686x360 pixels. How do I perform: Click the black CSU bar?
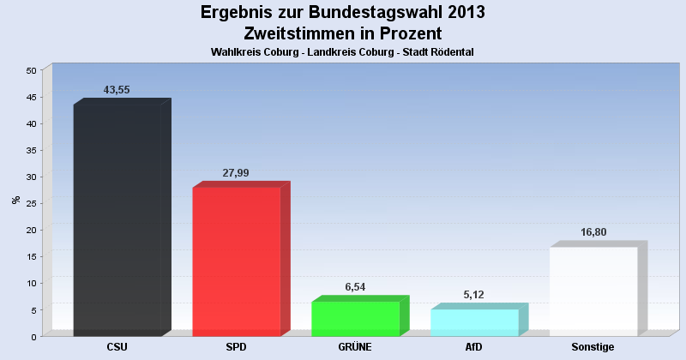click(x=117, y=220)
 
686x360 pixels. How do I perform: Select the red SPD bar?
click(x=237, y=261)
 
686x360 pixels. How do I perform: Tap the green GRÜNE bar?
click(x=355, y=319)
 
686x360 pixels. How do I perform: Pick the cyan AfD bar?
click(x=474, y=322)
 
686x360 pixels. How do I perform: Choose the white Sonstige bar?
click(x=593, y=291)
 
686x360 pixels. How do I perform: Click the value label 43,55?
click(x=117, y=90)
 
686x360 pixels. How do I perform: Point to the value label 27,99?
click(x=236, y=172)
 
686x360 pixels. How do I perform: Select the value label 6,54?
click(x=355, y=287)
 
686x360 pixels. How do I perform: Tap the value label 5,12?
click(x=474, y=295)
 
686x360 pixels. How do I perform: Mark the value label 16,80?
click(x=593, y=232)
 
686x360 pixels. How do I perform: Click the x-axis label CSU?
click(x=117, y=347)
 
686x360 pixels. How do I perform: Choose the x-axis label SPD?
click(x=237, y=347)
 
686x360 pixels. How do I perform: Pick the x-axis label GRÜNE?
click(x=355, y=347)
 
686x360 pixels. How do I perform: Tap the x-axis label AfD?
click(x=474, y=347)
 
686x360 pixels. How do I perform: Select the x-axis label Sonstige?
click(x=593, y=347)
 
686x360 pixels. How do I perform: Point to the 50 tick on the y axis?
click(x=31, y=70)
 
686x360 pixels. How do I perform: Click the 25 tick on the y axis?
click(x=31, y=203)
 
